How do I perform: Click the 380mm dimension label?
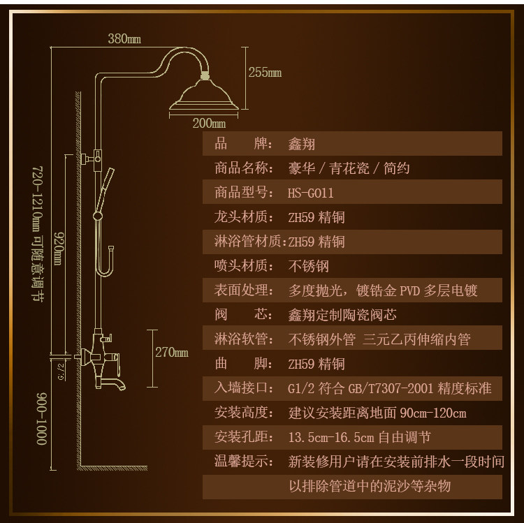tap(124, 39)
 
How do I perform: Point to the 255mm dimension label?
tap(265, 72)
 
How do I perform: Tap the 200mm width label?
tap(209, 124)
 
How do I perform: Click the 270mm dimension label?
tap(172, 353)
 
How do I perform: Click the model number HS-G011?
tap(311, 193)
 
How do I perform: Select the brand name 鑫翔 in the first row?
tap(302, 145)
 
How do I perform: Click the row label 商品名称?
tap(242, 169)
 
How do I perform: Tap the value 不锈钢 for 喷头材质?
tap(308, 266)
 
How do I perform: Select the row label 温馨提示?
tap(242, 462)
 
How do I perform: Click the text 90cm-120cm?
tap(432, 413)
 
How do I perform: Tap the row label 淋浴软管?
tap(242, 339)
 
